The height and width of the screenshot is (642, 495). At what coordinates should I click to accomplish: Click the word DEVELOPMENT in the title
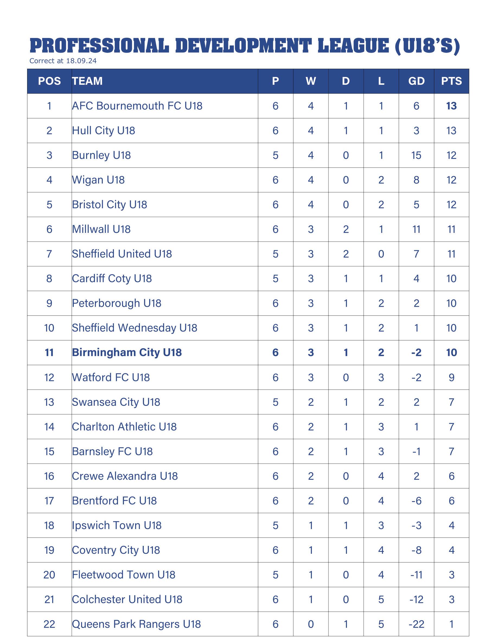pos(244,46)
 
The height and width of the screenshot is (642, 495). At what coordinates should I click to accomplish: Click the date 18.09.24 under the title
pos(81,61)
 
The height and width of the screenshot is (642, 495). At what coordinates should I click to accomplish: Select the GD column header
pos(416,81)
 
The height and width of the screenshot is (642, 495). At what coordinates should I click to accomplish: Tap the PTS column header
pos(451,81)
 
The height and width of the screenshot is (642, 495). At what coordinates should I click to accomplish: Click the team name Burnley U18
pos(101,155)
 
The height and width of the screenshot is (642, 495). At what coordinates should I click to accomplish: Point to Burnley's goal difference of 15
pos(416,155)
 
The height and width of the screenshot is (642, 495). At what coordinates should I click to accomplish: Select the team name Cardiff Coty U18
pos(112,278)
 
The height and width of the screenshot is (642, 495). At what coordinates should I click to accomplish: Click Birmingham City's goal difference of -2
pos(416,352)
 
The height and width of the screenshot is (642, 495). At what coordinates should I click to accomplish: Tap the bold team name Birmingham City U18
pos(127,352)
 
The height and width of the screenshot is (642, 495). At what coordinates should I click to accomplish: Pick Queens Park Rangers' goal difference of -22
pos(416,624)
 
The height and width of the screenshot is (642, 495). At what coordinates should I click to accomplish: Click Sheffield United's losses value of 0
pos(381,254)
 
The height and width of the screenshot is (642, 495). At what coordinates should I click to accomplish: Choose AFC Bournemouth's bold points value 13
pos(451,106)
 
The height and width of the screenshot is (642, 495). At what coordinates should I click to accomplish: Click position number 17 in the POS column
pos(49,501)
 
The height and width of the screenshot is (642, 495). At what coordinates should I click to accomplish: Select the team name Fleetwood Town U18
pos(124,575)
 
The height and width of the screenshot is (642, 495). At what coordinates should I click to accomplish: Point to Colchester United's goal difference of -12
pos(416,599)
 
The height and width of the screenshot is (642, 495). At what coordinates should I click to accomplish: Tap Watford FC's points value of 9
pos(452,377)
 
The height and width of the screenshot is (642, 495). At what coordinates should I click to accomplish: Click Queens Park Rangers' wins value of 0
pos(311,624)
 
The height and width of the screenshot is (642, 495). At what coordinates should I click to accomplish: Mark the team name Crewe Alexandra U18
pos(125,476)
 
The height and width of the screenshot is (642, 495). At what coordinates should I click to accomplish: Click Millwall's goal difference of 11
pos(416,229)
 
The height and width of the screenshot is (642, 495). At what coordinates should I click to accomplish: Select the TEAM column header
pos(87,81)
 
